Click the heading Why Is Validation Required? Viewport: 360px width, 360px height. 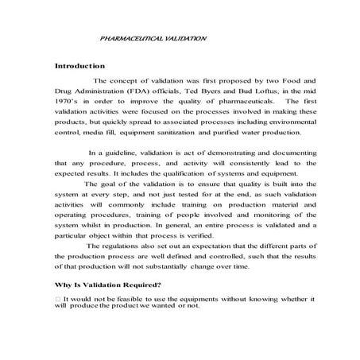click(108, 285)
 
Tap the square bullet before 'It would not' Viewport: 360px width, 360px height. click(57, 298)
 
